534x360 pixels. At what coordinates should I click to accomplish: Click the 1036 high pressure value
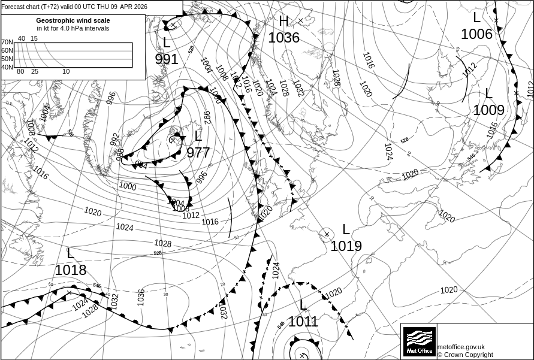[283, 38]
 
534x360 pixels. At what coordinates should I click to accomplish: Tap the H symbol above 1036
[283, 22]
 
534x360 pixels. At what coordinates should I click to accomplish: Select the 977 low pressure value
[198, 153]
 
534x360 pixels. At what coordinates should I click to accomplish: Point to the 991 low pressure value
[167, 59]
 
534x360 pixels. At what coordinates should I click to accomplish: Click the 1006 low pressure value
[476, 34]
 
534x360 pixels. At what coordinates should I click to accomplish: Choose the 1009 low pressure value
[488, 110]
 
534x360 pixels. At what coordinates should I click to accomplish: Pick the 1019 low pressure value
[346, 246]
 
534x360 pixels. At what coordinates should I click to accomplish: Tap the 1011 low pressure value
[303, 322]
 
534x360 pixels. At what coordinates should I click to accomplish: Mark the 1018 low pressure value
[70, 270]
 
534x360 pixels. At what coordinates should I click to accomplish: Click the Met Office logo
[419, 341]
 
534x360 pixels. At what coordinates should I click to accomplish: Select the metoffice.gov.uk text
[461, 347]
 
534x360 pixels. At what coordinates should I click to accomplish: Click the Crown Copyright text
[465, 355]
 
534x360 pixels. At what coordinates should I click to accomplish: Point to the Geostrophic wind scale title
[73, 20]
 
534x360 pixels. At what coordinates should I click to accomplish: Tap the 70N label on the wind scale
[7, 43]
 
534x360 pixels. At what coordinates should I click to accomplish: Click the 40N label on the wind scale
[7, 67]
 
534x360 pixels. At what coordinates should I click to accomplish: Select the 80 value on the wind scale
[20, 72]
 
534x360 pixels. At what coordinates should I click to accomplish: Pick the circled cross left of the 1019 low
[327, 234]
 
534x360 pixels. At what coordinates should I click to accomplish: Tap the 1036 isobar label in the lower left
[141, 297]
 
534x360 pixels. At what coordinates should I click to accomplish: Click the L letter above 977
[198, 137]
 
